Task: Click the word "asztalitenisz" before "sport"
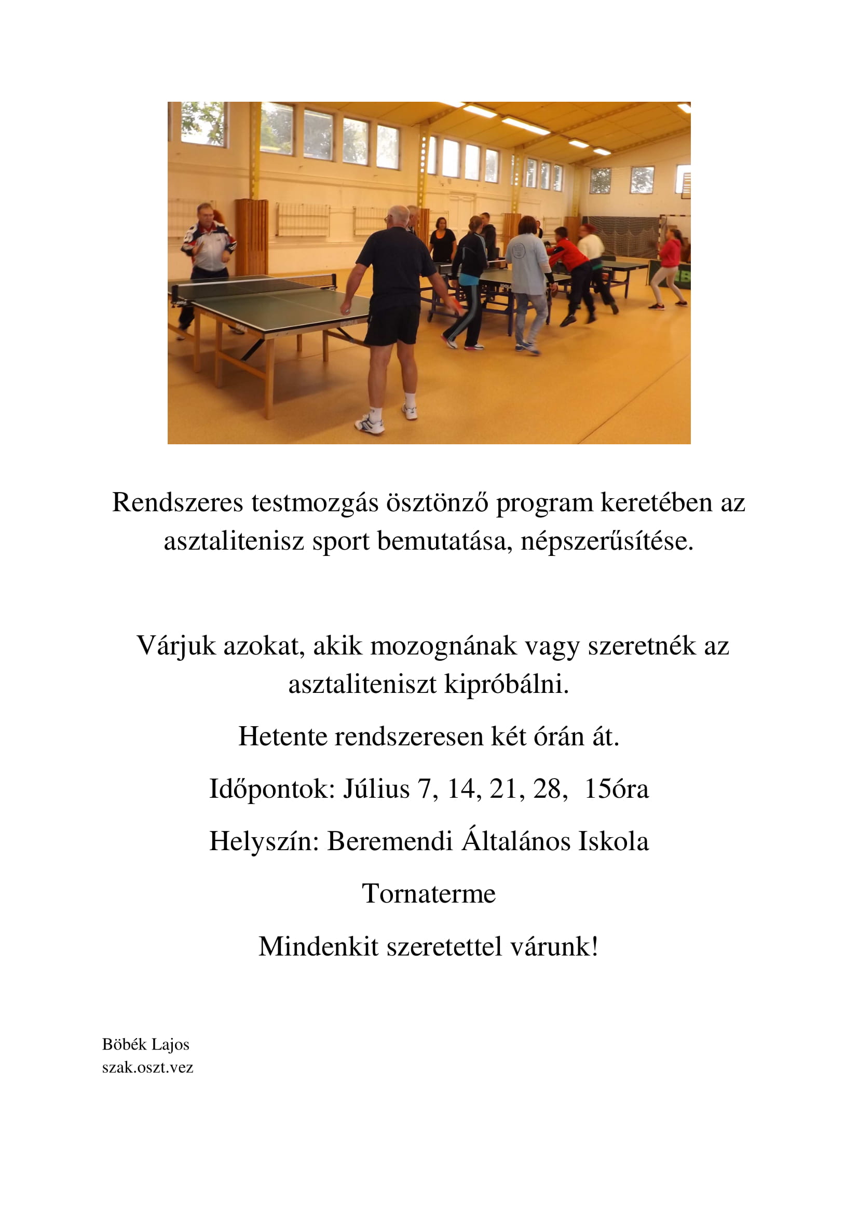[234, 541]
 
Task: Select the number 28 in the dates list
[547, 789]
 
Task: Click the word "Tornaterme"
[429, 894]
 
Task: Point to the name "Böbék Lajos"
[145, 1044]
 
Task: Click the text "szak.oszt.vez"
[147, 1067]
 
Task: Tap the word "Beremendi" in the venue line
[390, 841]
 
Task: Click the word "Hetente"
[282, 736]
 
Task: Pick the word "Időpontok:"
[273, 789]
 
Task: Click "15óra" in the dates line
[617, 789]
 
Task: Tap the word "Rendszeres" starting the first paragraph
[178, 502]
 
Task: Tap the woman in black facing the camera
[442, 241]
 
